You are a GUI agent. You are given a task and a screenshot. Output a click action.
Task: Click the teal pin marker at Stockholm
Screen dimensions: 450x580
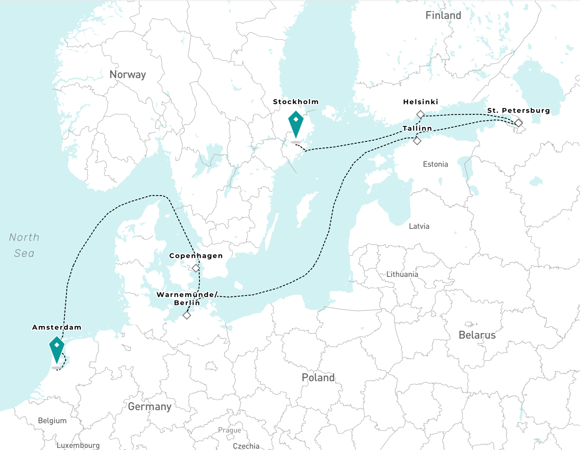pos(296,122)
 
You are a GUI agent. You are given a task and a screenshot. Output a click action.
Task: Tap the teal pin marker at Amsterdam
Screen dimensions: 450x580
pos(57,348)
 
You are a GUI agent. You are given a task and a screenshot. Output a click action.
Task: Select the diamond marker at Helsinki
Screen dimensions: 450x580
pos(420,114)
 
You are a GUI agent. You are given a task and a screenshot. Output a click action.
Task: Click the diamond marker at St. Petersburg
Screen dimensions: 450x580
pos(518,123)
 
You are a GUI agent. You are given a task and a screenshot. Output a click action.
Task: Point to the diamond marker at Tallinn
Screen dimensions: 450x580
pos(417,141)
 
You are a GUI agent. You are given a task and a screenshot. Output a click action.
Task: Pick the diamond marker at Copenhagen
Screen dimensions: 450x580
pos(196,268)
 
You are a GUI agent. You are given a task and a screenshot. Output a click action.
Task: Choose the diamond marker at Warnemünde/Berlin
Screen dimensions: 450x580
pos(187,315)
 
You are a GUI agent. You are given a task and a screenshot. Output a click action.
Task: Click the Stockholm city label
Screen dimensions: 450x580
pos(296,102)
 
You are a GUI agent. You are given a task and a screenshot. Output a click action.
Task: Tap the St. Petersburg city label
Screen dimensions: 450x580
pos(518,111)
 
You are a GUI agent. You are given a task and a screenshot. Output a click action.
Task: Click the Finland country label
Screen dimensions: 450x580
pos(443,15)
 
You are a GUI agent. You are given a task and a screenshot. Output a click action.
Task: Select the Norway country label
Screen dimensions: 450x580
pos(128,75)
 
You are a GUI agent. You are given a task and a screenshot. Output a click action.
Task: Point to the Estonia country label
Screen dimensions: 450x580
pos(435,164)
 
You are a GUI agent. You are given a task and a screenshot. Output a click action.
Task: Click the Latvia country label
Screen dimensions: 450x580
pos(419,226)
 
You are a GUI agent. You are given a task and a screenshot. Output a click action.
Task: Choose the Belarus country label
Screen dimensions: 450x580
pos(477,335)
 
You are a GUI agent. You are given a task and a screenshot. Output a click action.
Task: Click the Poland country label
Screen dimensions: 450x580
pos(318,378)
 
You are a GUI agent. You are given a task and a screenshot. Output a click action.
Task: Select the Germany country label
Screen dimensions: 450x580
pos(150,407)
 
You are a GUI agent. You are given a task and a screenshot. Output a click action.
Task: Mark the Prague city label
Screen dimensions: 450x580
pos(230,430)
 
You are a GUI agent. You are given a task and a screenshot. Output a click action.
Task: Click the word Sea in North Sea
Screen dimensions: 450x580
pos(24,253)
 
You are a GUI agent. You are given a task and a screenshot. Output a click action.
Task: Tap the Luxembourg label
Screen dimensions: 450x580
pos(78,445)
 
